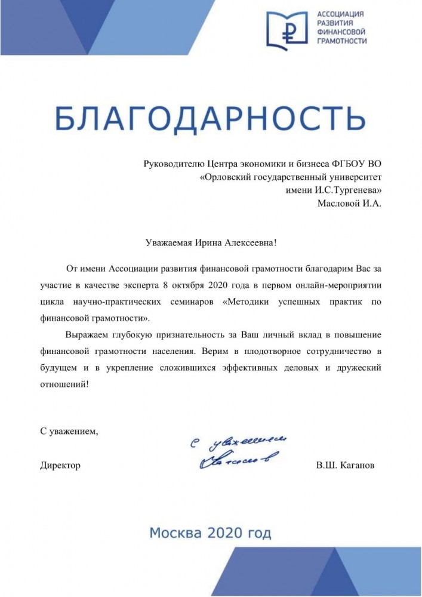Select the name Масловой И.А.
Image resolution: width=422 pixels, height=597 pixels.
click(349, 204)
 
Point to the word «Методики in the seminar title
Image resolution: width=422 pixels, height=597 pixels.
click(247, 302)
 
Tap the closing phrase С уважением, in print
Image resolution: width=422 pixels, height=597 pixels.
click(69, 430)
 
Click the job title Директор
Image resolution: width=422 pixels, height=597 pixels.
click(60, 465)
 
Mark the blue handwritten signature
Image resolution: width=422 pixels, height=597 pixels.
click(239, 451)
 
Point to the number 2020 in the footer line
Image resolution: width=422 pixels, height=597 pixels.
click(212, 533)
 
